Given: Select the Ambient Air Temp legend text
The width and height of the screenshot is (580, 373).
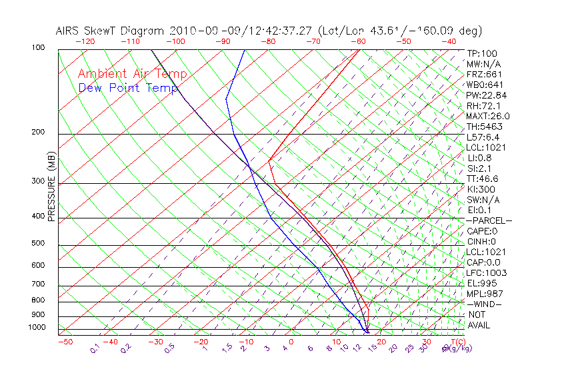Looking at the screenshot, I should click(x=132, y=74).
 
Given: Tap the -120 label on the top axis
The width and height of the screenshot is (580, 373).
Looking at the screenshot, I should click(x=85, y=41).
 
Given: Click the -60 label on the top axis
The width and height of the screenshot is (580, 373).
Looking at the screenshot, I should click(x=359, y=41).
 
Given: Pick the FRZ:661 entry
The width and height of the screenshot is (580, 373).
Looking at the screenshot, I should click(x=484, y=74).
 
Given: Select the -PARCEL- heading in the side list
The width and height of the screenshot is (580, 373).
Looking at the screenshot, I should click(x=489, y=220).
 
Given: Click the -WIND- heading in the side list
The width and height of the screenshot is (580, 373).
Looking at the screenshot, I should click(x=484, y=304).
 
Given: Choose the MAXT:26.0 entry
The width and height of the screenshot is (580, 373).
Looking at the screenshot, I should click(x=487, y=116).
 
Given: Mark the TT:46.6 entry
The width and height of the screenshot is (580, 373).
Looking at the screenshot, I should click(x=482, y=179).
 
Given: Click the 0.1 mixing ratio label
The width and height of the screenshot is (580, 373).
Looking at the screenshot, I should click(x=95, y=348).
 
